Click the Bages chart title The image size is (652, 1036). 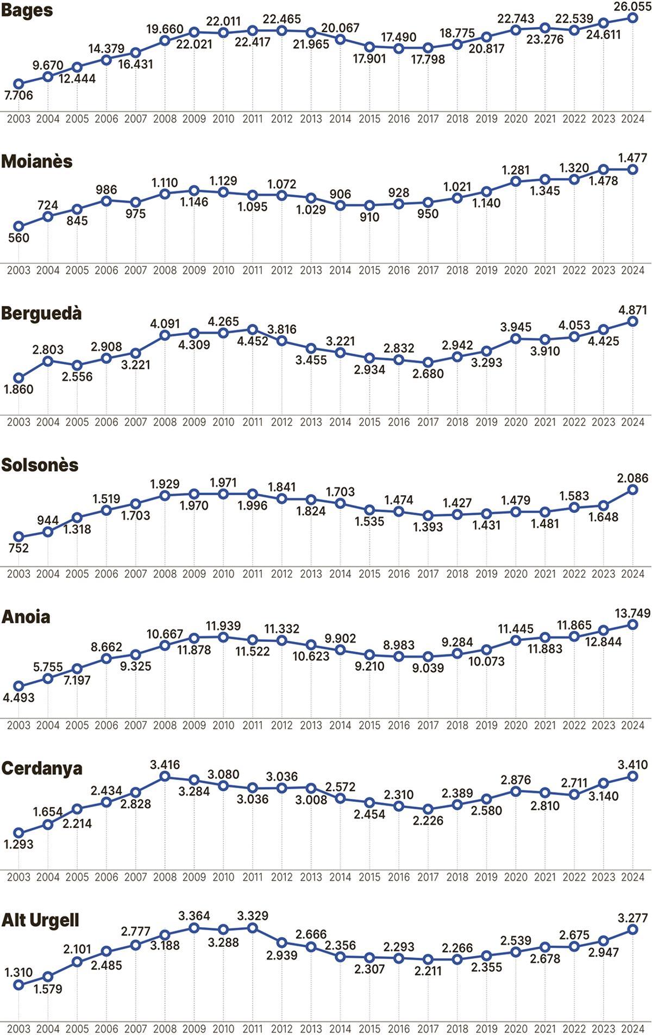point(27,10)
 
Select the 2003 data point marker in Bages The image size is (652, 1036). point(18,84)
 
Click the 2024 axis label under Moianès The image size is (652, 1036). point(632,270)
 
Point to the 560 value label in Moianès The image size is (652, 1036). point(18,238)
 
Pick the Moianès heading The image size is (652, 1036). point(37,162)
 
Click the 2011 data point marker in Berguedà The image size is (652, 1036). point(253,329)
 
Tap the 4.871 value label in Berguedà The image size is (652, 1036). point(633,310)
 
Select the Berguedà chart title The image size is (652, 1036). point(41,314)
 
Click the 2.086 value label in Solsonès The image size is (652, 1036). point(633,478)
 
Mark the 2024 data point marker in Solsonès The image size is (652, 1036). point(632,489)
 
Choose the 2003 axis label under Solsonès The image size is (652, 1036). point(18,573)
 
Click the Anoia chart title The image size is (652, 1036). point(26,617)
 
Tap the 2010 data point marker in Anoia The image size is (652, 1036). point(223,636)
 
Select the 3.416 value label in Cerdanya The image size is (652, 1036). point(165,765)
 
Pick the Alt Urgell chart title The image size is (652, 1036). point(40,920)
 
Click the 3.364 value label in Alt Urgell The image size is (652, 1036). point(195,916)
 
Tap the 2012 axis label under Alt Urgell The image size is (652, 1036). point(282,1029)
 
